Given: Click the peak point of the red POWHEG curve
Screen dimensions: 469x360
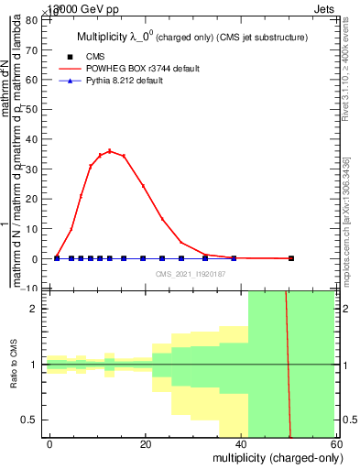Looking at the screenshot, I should point(110,151).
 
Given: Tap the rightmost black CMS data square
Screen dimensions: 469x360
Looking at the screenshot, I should point(291,258).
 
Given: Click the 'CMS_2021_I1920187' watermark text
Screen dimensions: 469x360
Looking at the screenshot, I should point(191,274).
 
